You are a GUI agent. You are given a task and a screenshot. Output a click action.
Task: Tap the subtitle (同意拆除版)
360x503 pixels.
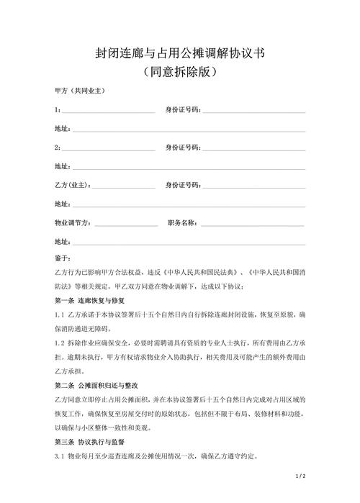point(180,73)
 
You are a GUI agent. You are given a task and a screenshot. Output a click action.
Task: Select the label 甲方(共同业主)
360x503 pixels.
point(81,91)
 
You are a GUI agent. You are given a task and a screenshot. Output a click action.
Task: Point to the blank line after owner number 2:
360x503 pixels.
point(108,148)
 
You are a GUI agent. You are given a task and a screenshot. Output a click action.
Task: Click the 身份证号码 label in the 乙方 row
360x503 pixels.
point(182,185)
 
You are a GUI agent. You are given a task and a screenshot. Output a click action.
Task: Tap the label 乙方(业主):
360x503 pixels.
point(73,185)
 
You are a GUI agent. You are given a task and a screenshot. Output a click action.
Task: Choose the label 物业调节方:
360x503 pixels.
point(73,222)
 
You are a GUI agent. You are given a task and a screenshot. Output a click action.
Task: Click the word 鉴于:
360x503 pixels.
point(63,258)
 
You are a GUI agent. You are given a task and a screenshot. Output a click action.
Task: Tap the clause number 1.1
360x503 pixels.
point(60,314)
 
